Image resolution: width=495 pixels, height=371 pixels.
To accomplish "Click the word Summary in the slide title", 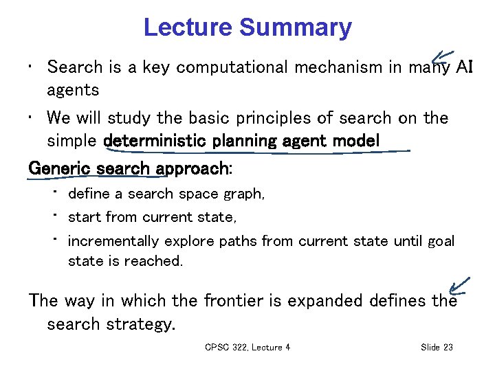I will pos(296,28).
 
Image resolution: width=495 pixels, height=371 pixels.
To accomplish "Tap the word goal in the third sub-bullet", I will pos(441,241).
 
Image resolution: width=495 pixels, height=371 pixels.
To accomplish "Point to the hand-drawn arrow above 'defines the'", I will pos(457,284).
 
